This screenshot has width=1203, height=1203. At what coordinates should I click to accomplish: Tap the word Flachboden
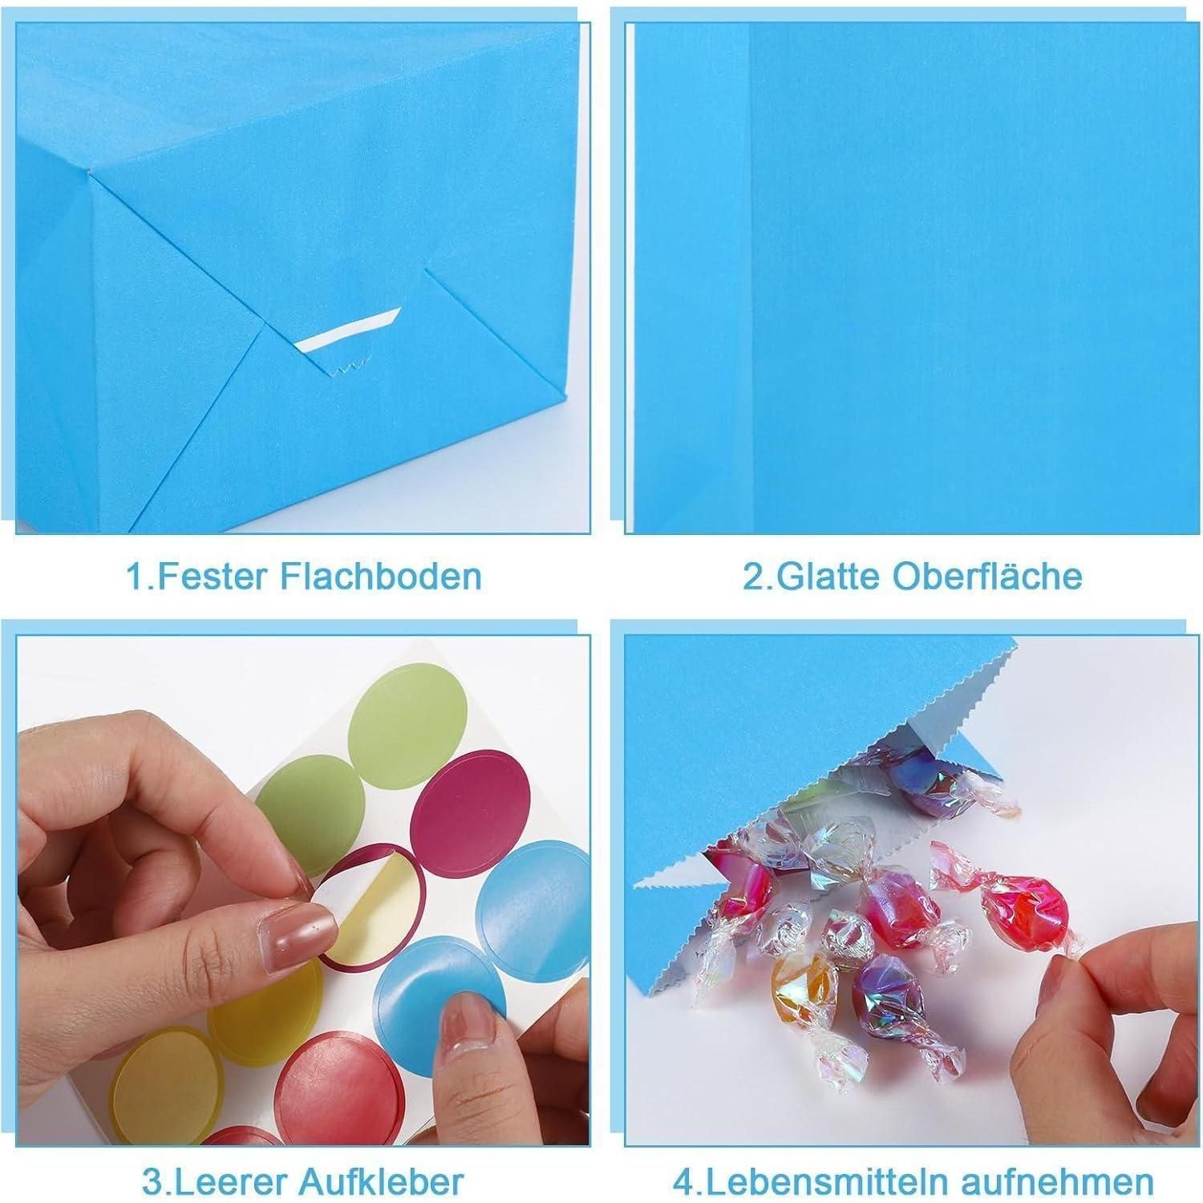pos(381,576)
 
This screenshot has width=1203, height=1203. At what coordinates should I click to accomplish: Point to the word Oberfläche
pos(987,576)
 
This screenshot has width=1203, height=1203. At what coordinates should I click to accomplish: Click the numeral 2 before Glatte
pos(754,577)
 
